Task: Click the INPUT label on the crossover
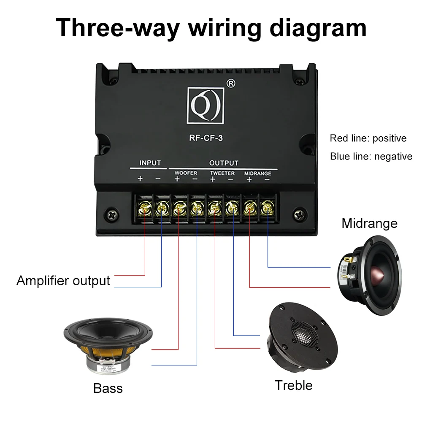tap(150, 163)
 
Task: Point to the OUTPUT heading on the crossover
tap(224, 163)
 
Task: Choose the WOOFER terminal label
tap(186, 173)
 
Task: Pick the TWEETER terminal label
tap(222, 173)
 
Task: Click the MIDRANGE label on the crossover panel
tap(257, 173)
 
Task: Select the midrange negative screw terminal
tap(267, 207)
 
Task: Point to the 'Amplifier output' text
tap(63, 281)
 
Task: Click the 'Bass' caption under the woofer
tap(108, 388)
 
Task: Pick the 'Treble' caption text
tap(294, 385)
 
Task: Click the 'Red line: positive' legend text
tap(368, 138)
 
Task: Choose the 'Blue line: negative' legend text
tap(371, 157)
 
